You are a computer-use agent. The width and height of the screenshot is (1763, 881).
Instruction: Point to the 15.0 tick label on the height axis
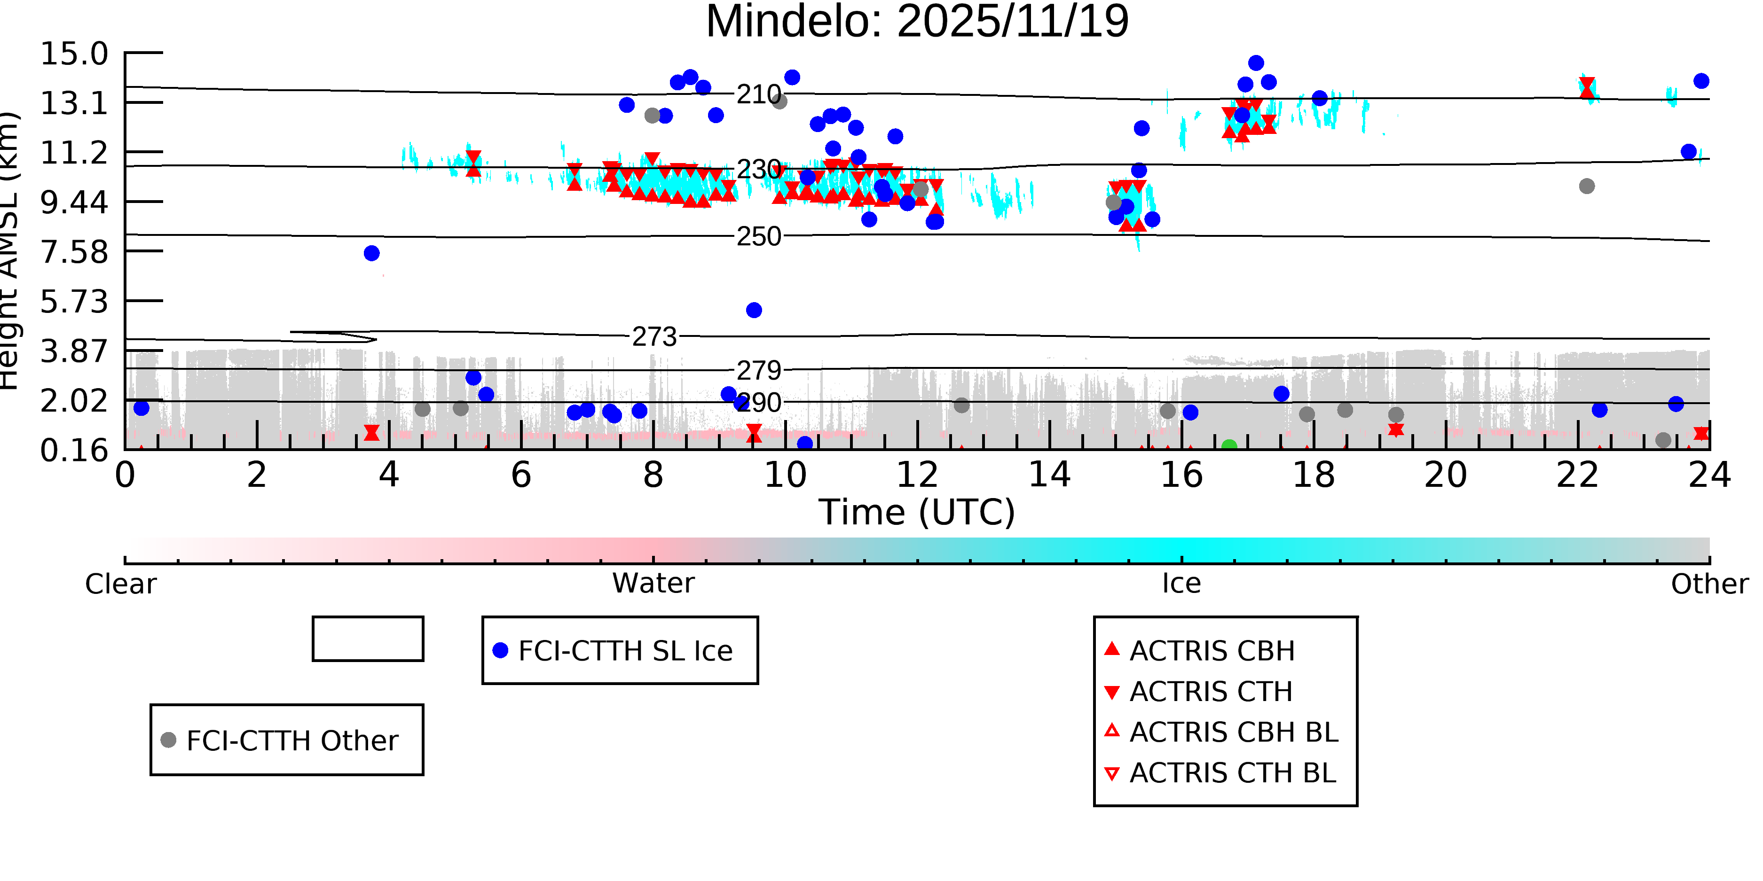(x=74, y=54)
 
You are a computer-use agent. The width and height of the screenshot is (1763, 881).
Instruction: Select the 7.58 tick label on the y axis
(x=74, y=252)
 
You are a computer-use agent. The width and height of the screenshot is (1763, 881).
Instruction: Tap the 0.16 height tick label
(x=74, y=451)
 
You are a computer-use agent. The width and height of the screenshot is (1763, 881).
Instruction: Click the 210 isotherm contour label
(x=758, y=94)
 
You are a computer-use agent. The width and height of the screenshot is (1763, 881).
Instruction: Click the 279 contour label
(x=758, y=371)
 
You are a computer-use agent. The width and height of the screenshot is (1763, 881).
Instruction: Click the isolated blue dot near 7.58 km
(x=371, y=254)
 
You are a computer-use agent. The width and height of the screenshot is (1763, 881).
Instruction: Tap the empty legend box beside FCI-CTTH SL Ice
(x=368, y=639)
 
